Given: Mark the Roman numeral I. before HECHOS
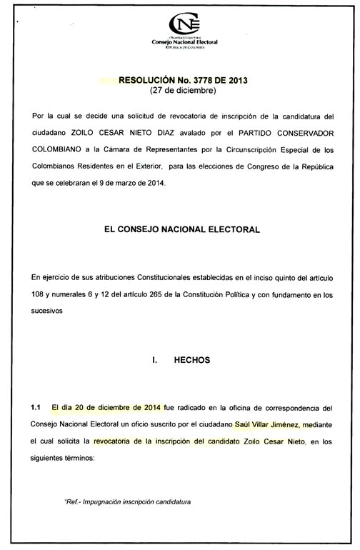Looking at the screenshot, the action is [155, 361].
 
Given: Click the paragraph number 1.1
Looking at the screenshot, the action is [36, 408].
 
